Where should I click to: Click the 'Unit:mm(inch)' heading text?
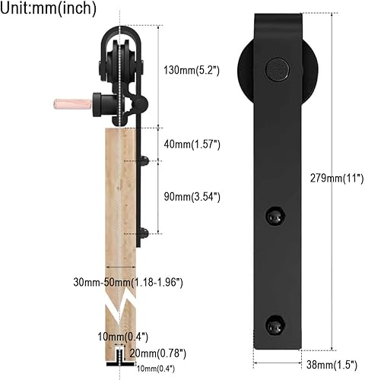48,8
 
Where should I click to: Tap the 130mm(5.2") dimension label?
192,70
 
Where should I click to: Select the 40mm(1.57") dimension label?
192,144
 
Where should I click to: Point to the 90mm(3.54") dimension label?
192,197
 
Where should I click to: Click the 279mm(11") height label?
337,179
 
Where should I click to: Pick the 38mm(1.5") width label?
332,365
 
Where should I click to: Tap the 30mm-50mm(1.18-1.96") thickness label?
128,282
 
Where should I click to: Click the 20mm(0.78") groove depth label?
158,353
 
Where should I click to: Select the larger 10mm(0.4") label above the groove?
122,337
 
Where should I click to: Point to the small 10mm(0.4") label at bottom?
156,369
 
